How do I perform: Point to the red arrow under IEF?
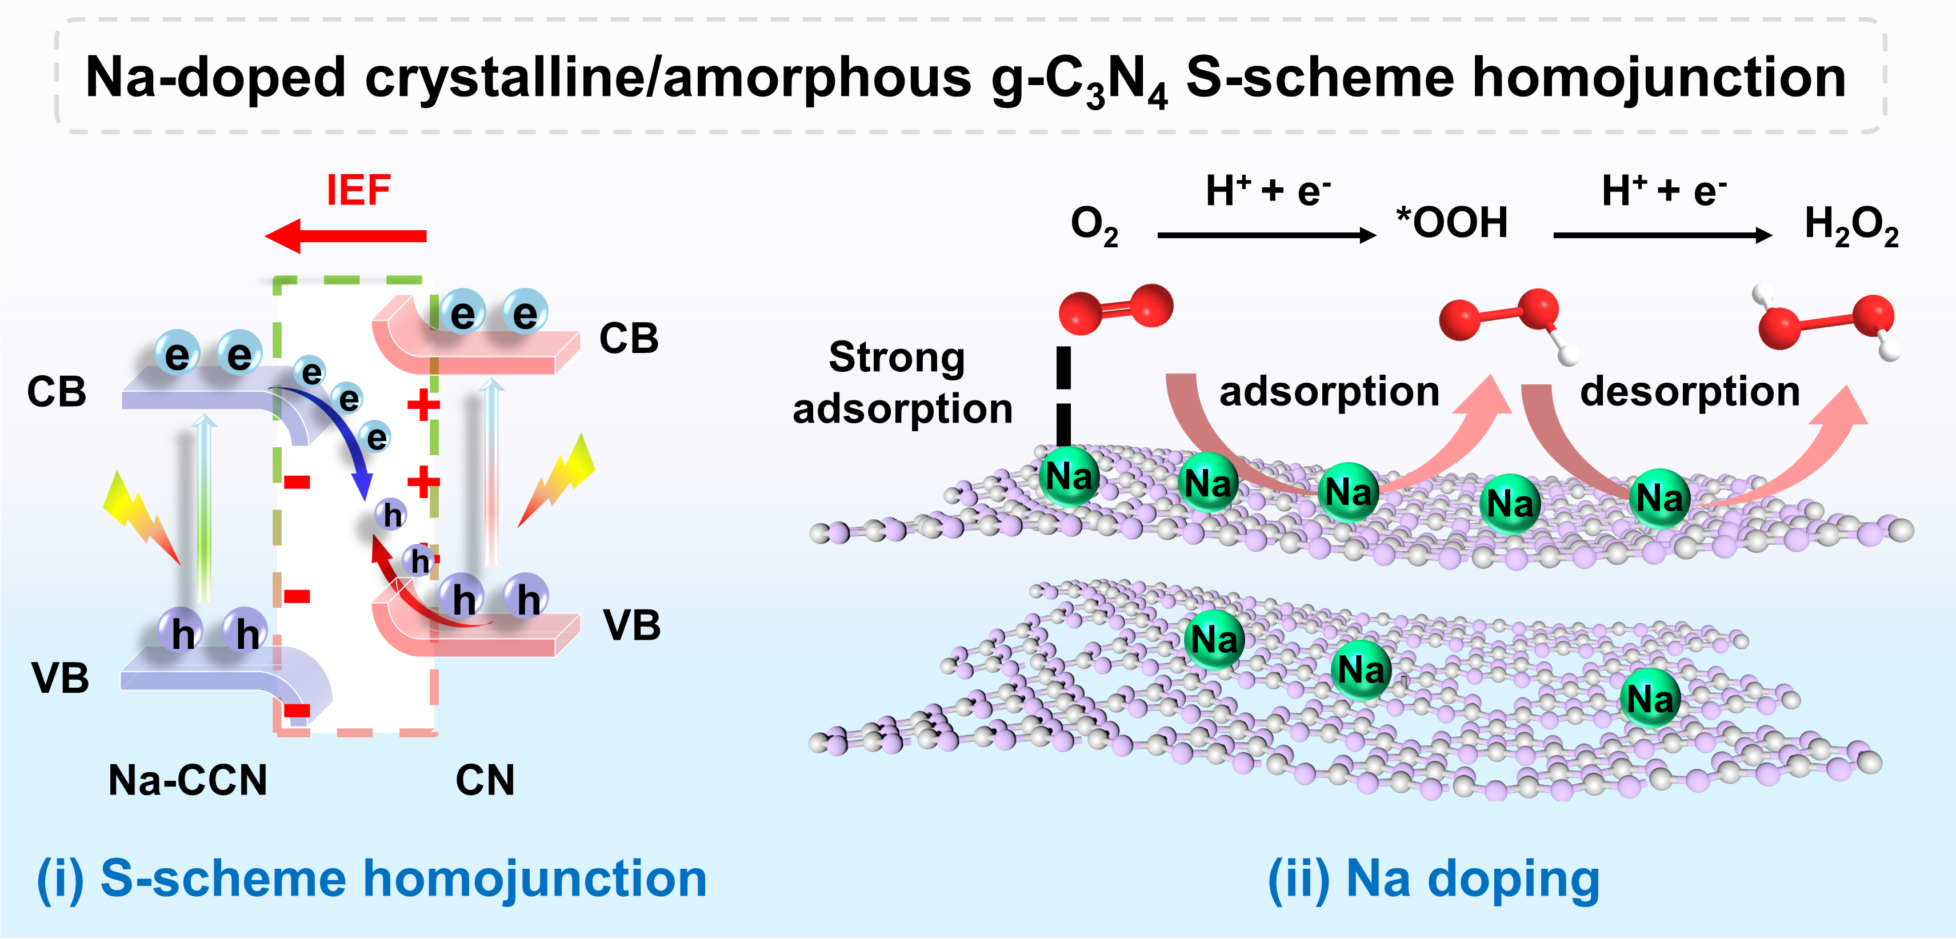pos(346,235)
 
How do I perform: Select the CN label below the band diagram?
pos(485,780)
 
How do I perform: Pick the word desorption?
pos(1690,392)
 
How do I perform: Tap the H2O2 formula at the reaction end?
pos(1851,226)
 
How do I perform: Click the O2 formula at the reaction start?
pos(1093,226)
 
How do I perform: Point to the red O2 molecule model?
pos(1115,308)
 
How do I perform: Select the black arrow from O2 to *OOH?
pos(1266,235)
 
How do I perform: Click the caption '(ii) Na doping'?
pos(1434,879)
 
